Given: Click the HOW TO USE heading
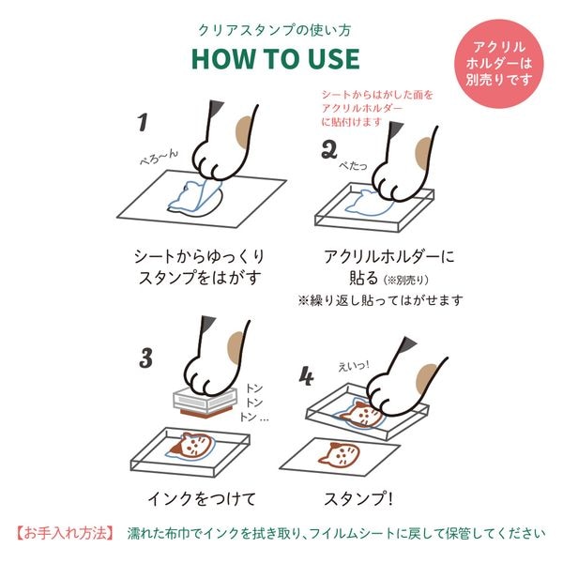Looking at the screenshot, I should tap(275, 58).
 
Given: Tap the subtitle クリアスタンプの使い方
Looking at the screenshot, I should tap(275, 29).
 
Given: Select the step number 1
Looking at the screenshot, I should tap(144, 122).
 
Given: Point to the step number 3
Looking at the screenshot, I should tap(146, 358).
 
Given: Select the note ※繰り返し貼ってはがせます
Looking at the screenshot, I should tap(381, 300).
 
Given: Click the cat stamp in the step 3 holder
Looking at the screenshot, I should tap(191, 445).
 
